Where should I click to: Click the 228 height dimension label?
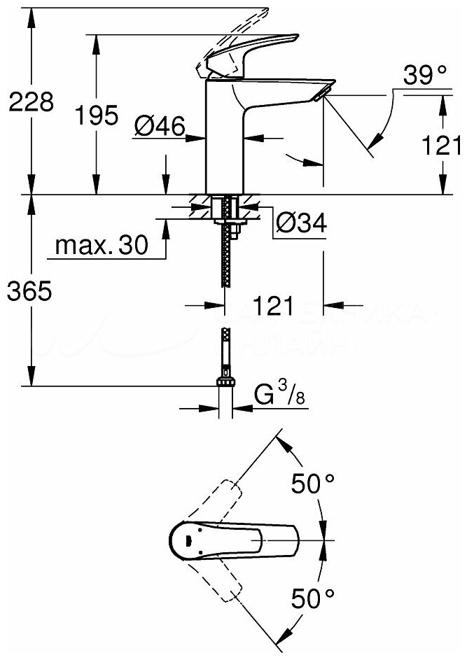29,103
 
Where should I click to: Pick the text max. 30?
101,245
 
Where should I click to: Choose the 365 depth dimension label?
29,291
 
